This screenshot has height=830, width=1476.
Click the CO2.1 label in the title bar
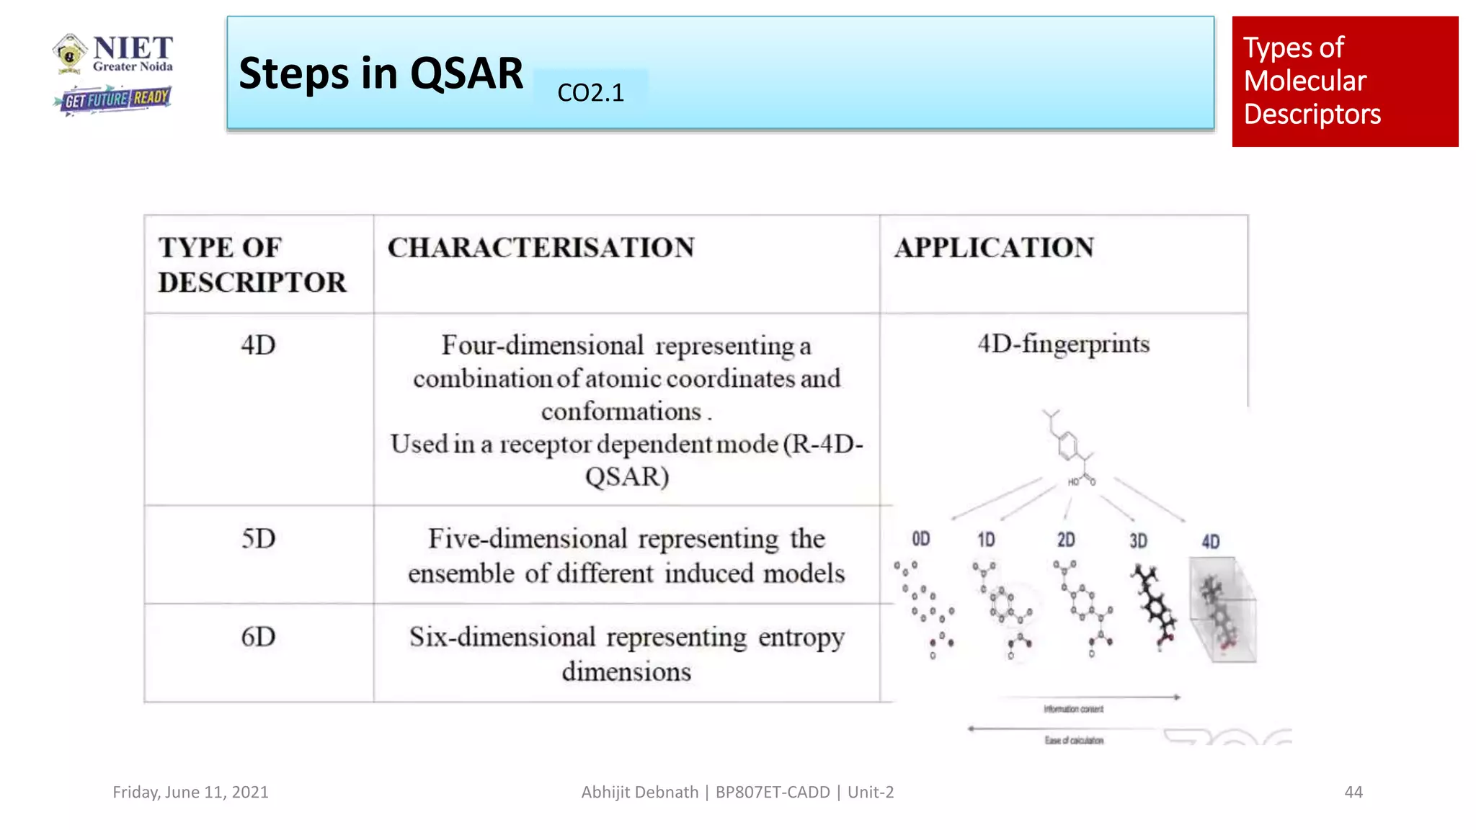(590, 92)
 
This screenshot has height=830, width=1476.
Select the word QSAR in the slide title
(466, 73)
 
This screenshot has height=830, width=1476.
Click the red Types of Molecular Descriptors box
(1344, 81)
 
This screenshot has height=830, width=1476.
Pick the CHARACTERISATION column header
(541, 248)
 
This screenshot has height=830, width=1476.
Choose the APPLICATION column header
(994, 248)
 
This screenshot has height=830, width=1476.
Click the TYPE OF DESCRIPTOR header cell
(252, 264)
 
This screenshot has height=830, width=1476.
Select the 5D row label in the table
(258, 538)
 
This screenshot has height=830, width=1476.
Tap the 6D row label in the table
(258, 637)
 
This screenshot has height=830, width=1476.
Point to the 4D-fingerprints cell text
(1063, 344)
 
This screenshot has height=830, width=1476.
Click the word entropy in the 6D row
(801, 638)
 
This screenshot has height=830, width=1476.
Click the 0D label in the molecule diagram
(921, 540)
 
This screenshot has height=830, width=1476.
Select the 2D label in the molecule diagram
(1066, 540)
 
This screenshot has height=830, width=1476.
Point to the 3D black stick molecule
(1154, 606)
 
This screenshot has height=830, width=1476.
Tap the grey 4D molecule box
(1222, 610)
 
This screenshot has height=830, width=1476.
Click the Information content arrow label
(1073, 709)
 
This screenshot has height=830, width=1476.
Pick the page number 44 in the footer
(1353, 792)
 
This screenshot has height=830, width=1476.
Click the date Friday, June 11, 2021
(190, 792)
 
